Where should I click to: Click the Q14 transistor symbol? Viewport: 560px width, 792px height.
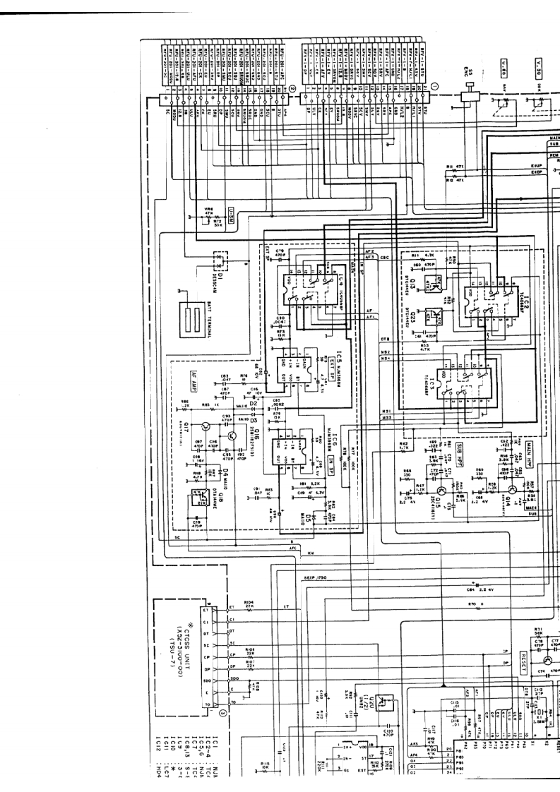tap(507, 489)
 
